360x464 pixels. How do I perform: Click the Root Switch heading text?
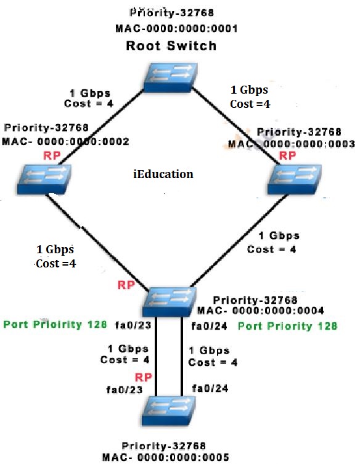(171, 46)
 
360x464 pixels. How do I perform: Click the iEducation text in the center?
(163, 174)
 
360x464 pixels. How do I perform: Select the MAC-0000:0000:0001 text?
(176, 28)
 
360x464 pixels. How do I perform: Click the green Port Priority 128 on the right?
(287, 326)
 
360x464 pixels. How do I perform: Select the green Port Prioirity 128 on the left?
(55, 324)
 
